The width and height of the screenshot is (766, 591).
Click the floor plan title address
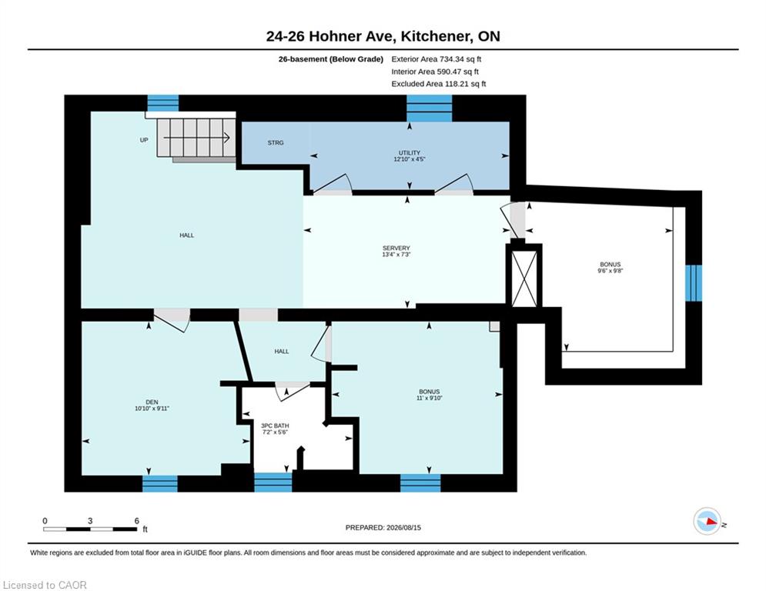383,36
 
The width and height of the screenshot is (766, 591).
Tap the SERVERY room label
396,248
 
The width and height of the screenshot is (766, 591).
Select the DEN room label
152,402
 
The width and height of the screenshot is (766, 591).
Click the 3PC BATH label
275,426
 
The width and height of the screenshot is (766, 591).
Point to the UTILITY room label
410,153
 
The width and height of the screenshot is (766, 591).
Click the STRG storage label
276,142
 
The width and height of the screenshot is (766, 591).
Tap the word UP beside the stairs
144,140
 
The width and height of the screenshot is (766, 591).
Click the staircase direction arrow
196,138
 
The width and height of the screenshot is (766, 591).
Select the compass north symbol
707,521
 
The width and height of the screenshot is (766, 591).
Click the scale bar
90,529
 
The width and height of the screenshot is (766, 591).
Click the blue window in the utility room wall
430,109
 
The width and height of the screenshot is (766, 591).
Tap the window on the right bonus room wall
694,283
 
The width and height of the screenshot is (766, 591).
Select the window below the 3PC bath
273,482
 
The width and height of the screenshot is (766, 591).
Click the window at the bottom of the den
160,483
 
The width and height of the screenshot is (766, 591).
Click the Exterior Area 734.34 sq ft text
437,59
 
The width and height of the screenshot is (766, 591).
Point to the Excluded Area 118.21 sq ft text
439,84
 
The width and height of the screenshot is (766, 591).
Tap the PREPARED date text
383,527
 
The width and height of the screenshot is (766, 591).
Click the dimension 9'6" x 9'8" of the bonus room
610,271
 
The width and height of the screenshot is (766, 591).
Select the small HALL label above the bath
282,351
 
